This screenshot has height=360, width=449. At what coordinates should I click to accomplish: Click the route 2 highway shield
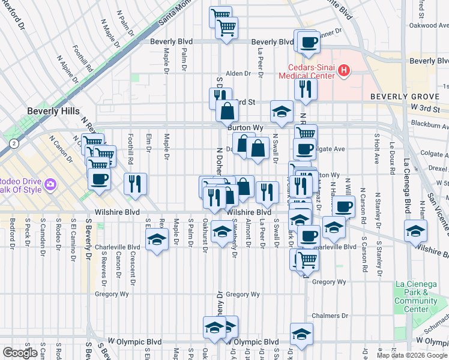[13, 144]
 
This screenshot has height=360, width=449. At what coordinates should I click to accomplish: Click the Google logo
[20, 353]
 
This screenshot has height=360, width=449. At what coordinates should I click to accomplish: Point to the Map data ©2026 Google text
[412, 355]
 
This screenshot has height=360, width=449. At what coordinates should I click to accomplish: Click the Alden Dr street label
[238, 74]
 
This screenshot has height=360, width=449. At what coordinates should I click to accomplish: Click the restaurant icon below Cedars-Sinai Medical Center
[306, 88]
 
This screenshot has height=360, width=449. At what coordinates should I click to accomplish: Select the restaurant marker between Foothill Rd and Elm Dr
[136, 184]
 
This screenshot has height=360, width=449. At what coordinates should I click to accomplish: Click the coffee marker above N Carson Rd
[344, 207]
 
